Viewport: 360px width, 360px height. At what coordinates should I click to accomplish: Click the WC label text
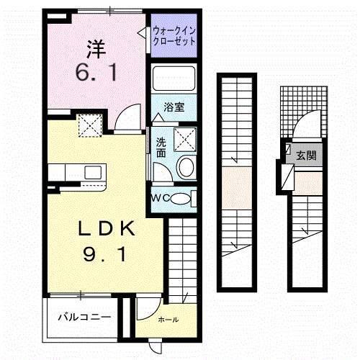pyautogui.click(x=160, y=199)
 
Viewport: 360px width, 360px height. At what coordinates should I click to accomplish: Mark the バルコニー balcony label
pyautogui.click(x=84, y=315)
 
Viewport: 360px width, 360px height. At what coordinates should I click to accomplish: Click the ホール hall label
pyautogui.click(x=169, y=319)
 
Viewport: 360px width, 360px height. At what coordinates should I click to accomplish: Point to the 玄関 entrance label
pyautogui.click(x=306, y=155)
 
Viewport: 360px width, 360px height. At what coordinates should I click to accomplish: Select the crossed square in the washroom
pyautogui.click(x=186, y=138)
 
